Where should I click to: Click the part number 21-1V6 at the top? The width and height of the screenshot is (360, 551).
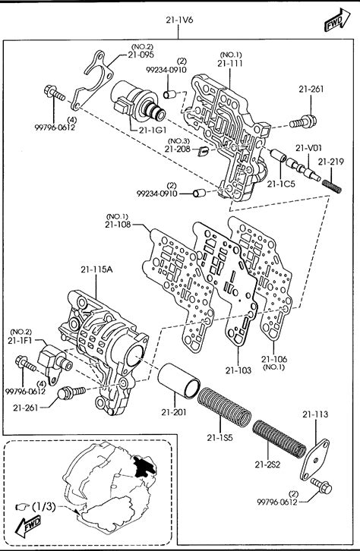179,20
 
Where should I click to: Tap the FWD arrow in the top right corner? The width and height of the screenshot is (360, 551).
337,20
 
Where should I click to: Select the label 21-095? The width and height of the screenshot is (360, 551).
141,55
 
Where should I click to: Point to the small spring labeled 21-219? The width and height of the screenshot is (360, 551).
332,186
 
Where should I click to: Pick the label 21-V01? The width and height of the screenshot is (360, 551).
308,148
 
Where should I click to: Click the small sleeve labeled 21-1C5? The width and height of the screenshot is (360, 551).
278,156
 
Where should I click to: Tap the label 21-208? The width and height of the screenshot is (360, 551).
177,149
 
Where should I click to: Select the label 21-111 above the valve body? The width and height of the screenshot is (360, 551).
230,63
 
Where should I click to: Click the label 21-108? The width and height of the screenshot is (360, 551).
118,224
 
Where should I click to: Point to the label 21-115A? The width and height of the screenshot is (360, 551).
96,269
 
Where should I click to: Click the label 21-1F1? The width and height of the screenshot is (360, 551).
21,340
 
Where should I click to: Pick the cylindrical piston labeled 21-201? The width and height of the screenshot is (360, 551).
179,381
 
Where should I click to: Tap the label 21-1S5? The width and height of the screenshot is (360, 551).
220,437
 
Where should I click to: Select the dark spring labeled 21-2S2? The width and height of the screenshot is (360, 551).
279,439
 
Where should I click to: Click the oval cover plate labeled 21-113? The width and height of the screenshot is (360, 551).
314,459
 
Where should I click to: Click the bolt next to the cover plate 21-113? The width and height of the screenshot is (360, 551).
321,486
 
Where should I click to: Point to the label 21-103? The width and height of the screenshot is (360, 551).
238,370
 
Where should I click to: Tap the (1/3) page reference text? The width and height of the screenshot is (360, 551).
44,506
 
